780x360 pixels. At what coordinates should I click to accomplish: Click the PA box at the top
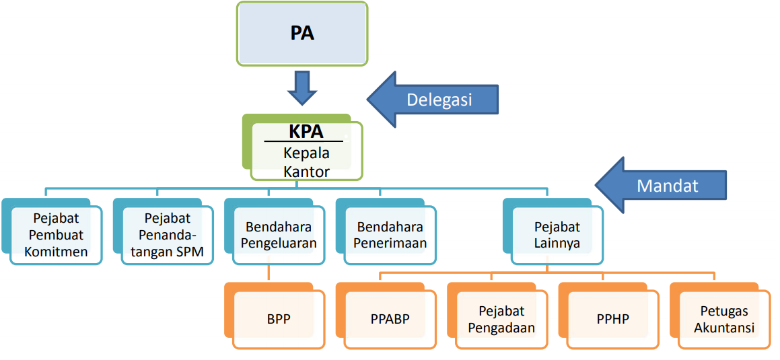[302, 34]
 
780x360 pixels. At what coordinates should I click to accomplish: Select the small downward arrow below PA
[302, 86]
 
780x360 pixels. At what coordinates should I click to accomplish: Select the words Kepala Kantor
[306, 162]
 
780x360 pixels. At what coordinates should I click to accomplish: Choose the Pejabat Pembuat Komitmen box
[57, 236]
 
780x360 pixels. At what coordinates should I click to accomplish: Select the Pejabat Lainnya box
[557, 236]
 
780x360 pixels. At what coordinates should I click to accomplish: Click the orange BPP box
[279, 319]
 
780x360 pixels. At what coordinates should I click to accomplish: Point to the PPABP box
[390, 319]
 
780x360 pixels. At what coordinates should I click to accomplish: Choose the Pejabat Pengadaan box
[501, 319]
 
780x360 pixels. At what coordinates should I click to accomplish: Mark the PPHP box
[612, 319]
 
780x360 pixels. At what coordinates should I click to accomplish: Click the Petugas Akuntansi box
[724, 319]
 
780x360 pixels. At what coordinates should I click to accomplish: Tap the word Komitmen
[57, 252]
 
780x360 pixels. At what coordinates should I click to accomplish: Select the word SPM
[190, 252]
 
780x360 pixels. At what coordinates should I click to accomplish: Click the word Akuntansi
[724, 328]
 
